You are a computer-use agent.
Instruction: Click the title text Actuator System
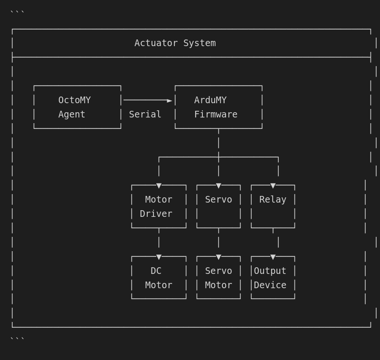175,43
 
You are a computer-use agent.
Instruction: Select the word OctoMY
75,100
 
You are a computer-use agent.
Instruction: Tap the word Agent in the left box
72,115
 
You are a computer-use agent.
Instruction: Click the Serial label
145,115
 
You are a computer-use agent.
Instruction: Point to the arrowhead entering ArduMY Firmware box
170,100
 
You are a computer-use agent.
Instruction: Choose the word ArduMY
210,100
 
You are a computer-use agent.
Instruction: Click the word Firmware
216,115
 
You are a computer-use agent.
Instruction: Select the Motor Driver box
159,206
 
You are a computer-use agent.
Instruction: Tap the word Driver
156,214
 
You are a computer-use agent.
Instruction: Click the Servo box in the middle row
218,206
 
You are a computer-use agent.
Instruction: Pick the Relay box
273,206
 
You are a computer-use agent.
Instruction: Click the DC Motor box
159,278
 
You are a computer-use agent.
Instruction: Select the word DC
156,271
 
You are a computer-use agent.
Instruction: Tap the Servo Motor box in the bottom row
218,278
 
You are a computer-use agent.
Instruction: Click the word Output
270,271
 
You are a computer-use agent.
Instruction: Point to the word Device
270,285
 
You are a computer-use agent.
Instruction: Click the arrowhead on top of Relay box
273,186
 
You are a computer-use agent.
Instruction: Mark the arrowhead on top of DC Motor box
159,257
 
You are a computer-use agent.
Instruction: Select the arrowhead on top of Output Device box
273,257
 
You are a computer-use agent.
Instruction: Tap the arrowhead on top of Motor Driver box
159,186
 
